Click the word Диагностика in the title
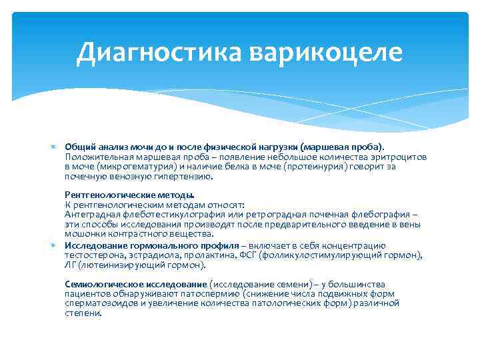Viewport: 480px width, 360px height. (160, 52)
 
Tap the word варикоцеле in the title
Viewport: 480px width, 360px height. (327, 52)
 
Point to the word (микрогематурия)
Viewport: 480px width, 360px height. (136, 167)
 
